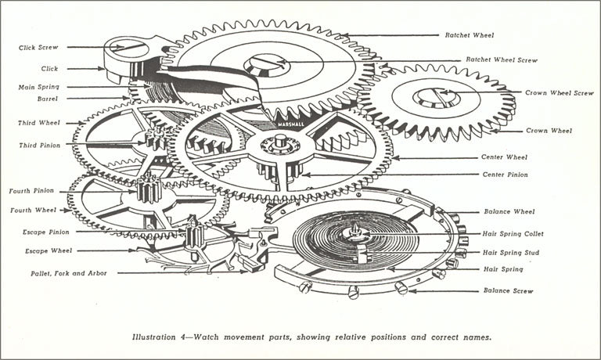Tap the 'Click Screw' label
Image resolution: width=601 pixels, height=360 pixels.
click(40, 48)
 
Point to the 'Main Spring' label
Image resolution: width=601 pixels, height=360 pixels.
click(39, 87)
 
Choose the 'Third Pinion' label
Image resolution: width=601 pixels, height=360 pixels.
click(39, 145)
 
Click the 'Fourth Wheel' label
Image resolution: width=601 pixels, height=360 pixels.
click(34, 210)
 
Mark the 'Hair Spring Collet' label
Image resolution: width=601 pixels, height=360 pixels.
click(513, 233)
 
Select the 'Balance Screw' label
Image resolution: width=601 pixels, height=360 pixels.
click(508, 290)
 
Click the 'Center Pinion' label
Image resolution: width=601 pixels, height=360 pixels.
click(505, 175)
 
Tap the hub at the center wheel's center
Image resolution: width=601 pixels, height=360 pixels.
click(275, 145)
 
